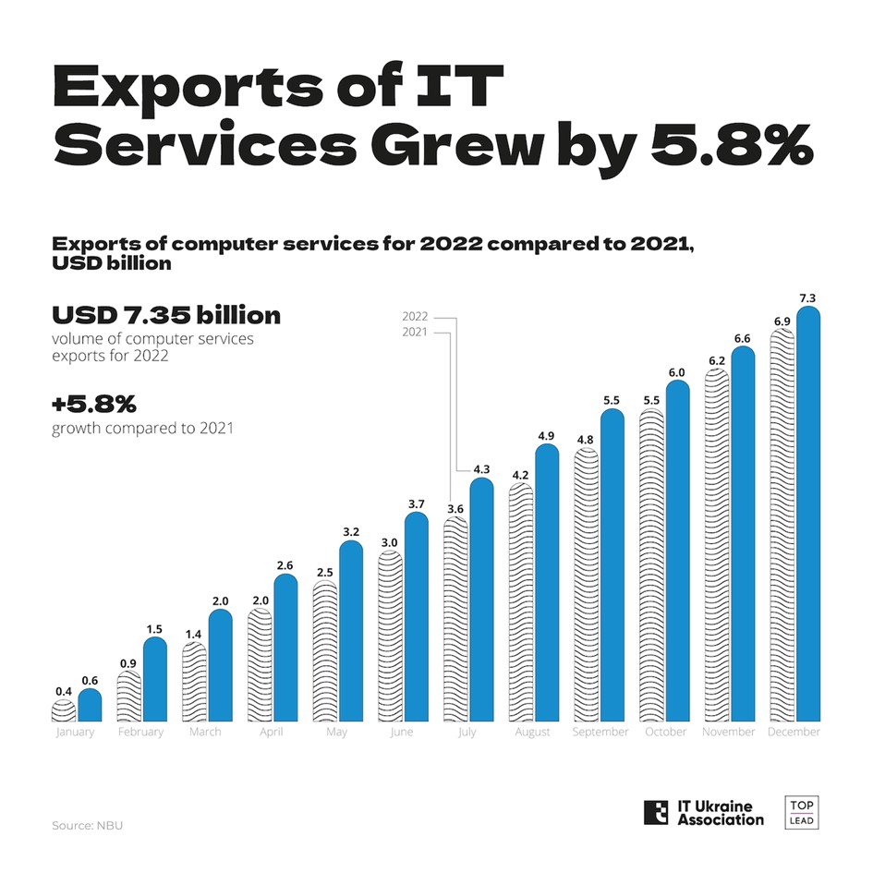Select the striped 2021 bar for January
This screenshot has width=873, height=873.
pos(63,711)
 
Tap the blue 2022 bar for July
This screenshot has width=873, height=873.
pos(481,600)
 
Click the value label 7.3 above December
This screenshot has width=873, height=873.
pos(808,297)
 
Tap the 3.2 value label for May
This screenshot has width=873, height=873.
pos(350,533)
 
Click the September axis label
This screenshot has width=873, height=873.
pos(600,732)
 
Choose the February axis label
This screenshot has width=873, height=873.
pos(140,732)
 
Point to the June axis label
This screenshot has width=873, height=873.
pos(403,732)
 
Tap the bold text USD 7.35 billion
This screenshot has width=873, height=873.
pos(166,315)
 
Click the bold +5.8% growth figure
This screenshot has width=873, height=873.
pos(94,406)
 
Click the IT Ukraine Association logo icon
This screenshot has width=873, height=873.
pos(655,812)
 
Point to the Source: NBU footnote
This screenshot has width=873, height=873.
pos(87,824)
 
